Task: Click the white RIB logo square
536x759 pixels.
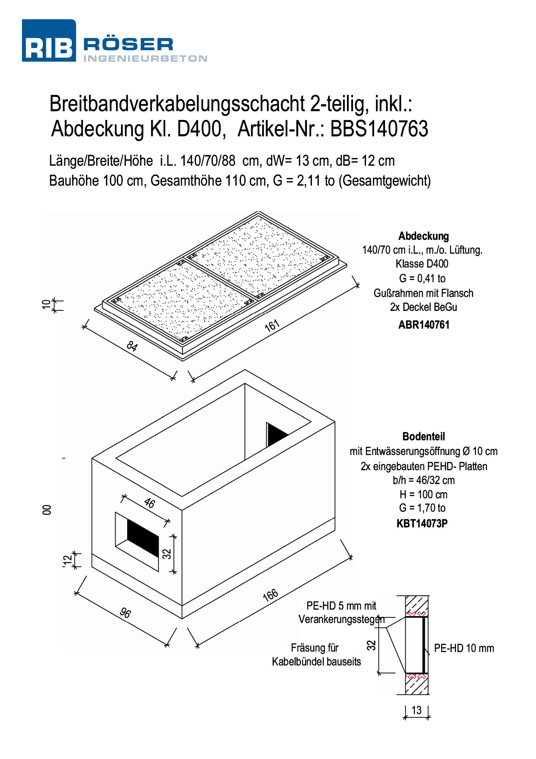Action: [49, 40]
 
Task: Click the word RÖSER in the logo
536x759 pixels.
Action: [128, 44]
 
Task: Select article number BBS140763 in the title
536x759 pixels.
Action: [379, 129]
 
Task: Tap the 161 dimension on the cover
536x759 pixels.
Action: [272, 326]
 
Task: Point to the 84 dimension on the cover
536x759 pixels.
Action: [132, 346]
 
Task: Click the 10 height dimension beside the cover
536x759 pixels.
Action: [47, 304]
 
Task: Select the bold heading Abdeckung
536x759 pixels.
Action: [424, 236]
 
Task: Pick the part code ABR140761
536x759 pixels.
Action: [424, 325]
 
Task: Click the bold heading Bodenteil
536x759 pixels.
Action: [424, 436]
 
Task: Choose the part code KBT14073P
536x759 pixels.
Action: [422, 523]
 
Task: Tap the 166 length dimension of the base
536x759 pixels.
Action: [270, 595]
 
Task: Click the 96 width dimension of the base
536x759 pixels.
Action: [125, 613]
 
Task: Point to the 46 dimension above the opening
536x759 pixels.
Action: [149, 503]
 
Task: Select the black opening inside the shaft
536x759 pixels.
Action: [276, 435]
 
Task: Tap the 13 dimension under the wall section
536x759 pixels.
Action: [416, 710]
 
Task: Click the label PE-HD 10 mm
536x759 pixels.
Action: [464, 648]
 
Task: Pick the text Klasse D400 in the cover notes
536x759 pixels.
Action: [422, 264]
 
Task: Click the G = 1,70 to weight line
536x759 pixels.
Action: [422, 508]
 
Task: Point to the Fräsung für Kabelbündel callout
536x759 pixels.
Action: [316, 655]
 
